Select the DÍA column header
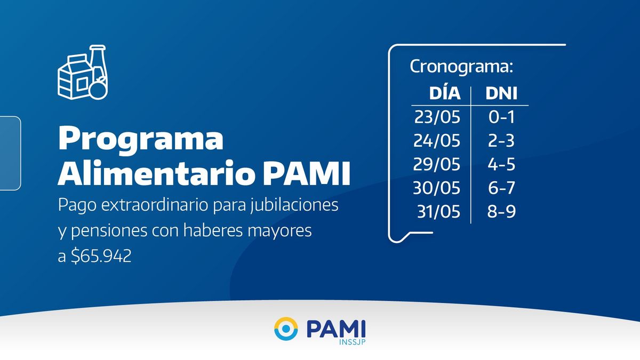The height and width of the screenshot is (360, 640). [445, 93]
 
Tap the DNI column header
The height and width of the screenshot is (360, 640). [501, 93]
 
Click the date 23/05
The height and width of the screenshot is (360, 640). [437, 117]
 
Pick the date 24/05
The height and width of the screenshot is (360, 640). [437, 141]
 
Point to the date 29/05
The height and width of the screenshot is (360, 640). [437, 165]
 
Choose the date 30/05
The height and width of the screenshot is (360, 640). [437, 188]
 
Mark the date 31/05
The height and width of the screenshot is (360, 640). [438, 212]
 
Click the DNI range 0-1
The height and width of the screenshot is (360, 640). [501, 117]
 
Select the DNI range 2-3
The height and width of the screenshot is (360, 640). [501, 141]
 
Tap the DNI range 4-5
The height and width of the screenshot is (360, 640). [501, 165]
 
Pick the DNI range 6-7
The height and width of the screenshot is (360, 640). [501, 188]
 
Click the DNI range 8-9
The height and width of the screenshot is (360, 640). [502, 212]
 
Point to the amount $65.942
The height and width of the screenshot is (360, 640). [101, 255]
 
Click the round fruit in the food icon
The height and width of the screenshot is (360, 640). [99, 89]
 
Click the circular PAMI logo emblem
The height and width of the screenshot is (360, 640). [286, 329]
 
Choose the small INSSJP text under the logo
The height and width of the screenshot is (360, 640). [353, 342]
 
